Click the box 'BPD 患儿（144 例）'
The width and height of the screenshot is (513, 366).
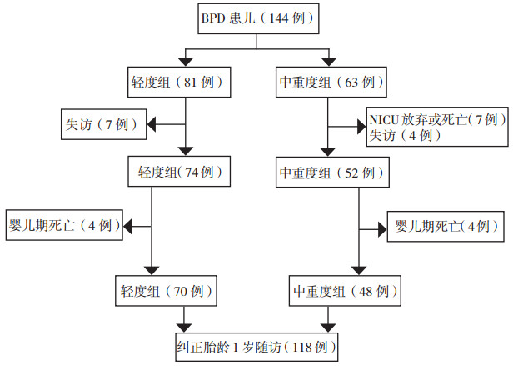258,18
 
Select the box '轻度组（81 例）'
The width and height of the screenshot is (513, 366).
179,83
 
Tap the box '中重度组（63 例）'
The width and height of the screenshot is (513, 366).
331,83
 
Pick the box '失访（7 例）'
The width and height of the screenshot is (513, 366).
104,124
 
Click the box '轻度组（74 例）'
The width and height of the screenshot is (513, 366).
179,172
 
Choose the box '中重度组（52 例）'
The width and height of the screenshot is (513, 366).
332,172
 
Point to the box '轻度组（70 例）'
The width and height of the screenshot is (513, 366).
166,291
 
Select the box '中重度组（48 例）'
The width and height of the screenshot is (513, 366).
345,291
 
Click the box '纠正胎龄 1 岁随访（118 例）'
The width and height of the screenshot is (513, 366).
256,348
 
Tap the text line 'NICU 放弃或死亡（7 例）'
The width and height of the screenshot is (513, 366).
438,119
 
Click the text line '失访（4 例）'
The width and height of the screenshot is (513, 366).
405,135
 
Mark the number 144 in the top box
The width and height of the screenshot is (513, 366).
278,18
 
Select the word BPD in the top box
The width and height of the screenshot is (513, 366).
213,18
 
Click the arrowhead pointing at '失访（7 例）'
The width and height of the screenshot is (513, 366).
151,124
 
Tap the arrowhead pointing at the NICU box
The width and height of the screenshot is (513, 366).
361,127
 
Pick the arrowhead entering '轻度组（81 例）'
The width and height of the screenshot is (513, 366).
186,62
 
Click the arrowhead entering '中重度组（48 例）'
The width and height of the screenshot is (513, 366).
359,271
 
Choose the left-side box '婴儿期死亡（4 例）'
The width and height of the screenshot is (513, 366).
64,225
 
